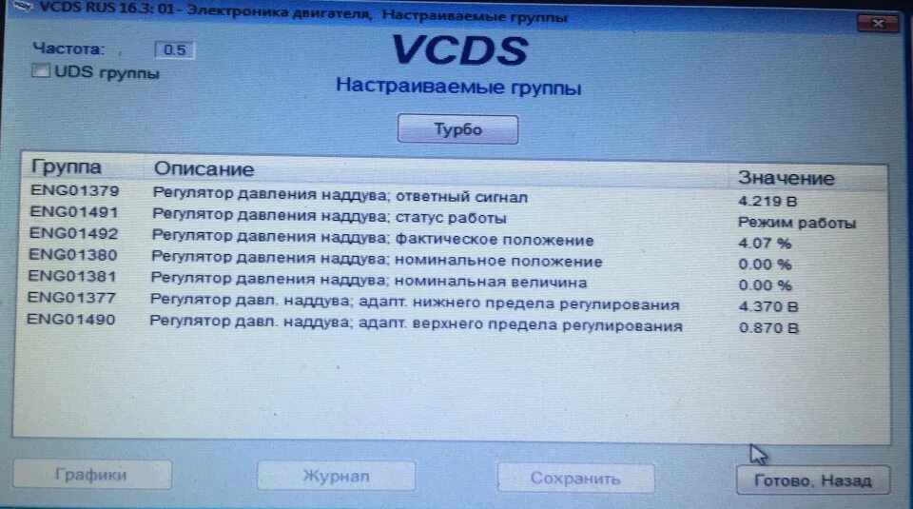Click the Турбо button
coord(457,129)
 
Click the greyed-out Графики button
coord(91,475)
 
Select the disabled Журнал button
coord(336,476)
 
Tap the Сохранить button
coord(575,479)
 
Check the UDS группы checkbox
coord(40,70)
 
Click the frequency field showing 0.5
coord(174,49)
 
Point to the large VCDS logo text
coord(459,50)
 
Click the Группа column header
coord(66,167)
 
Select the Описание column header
coord(204,169)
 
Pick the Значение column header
coord(787,178)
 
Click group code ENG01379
coord(74,190)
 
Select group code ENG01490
coord(71,320)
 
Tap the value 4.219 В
coord(767,202)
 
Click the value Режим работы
coord(797,223)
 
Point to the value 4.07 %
coord(765,244)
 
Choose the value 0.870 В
coord(768,328)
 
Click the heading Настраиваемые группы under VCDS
coord(458,88)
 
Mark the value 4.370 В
coord(768,306)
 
